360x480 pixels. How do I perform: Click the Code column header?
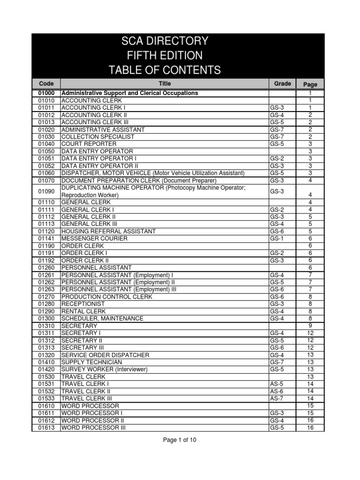point(46,83)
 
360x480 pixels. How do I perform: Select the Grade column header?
point(282,83)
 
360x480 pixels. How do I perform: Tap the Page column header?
point(310,84)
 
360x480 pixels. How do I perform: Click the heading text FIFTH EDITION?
point(165,56)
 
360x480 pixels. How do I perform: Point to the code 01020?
point(46,129)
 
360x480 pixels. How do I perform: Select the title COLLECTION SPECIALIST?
point(98,137)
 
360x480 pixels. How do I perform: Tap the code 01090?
point(46,191)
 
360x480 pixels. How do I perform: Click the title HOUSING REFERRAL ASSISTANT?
point(109,232)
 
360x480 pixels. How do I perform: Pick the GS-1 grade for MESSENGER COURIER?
point(277,239)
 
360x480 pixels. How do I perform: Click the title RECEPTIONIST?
point(83,304)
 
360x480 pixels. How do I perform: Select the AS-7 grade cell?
point(276,398)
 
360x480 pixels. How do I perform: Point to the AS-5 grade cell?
point(276,384)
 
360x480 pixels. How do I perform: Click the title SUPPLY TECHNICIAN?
point(92,362)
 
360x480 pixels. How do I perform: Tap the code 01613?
point(46,427)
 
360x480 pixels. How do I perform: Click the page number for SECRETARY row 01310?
point(310,326)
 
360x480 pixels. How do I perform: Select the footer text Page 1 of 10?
point(180,440)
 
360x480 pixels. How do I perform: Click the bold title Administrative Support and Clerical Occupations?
point(130,93)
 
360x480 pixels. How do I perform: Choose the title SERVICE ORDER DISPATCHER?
point(105,355)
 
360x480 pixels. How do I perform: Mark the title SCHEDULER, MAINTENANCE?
point(103,319)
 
